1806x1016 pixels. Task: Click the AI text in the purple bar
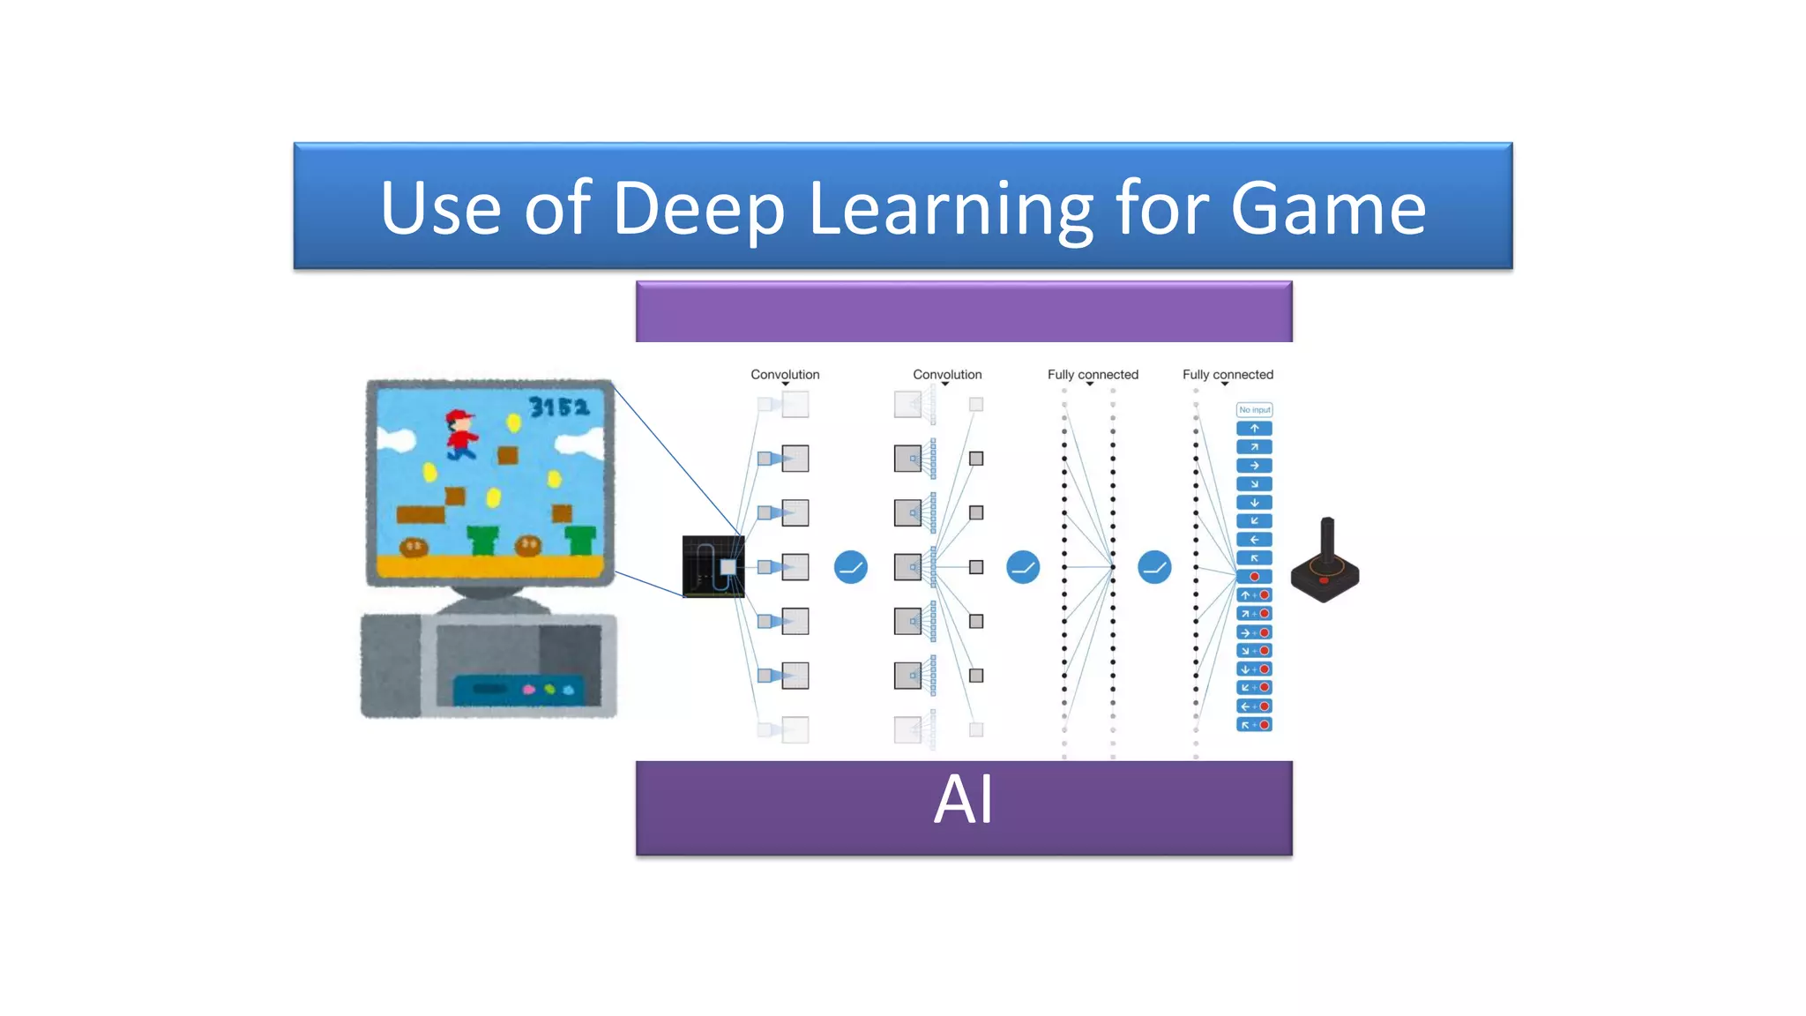pos(963,800)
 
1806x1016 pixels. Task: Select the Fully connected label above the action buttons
pos(1228,375)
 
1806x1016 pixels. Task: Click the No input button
pos(1254,410)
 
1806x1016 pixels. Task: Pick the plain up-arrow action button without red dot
pos(1254,429)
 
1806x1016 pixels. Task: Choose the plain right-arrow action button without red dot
pos(1254,466)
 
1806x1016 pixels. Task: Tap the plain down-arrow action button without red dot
pos(1254,503)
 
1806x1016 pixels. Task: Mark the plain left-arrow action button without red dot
pos(1254,540)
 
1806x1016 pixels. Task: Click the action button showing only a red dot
pos(1254,577)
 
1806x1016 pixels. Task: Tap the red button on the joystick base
pos(1324,580)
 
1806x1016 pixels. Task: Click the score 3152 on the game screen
pos(558,407)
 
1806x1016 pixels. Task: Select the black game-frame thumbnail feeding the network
pos(713,566)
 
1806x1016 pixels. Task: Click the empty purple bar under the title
pos(963,311)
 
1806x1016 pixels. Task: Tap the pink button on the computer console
pos(529,690)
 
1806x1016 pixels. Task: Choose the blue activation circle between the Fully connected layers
pos(1153,567)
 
